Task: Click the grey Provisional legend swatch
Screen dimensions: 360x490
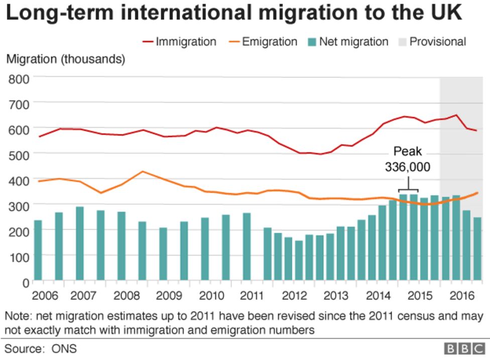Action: [400, 42]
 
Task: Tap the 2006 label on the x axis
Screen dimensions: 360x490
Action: [44, 294]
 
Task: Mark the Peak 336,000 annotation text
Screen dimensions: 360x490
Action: [407, 160]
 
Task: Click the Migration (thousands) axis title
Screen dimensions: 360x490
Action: [65, 59]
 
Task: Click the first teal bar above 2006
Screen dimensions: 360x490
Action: [38, 250]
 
